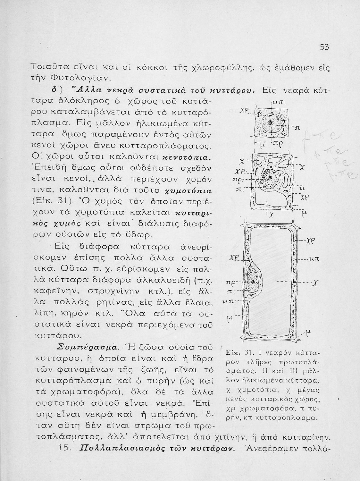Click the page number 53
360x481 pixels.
324,47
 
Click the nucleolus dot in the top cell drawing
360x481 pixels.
270,122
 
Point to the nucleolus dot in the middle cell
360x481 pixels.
271,177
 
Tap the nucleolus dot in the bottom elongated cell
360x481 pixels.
253,282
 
